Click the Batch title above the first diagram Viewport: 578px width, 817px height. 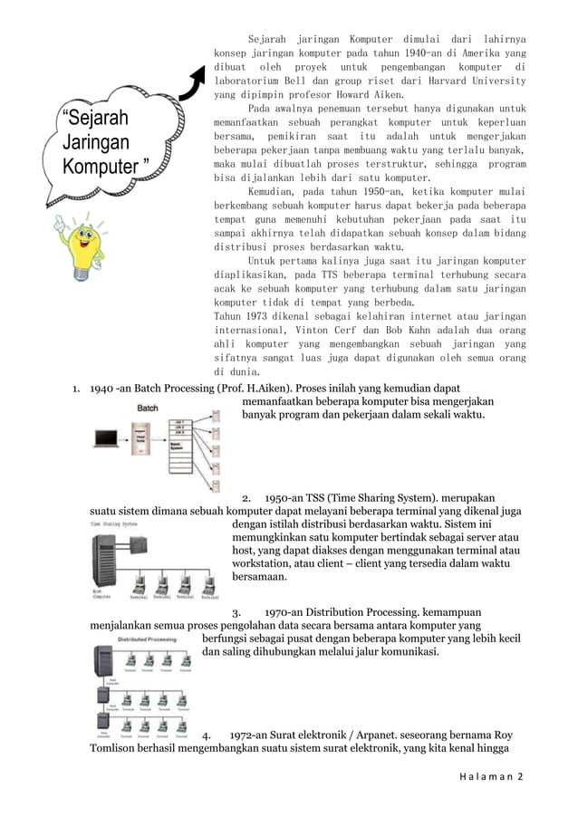point(148,408)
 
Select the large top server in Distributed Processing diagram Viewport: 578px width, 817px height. point(102,661)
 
